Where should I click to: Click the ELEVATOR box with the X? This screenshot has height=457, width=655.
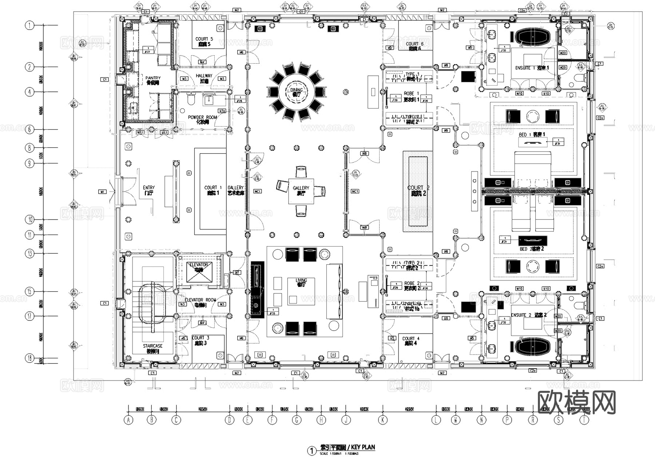pyautogui.click(x=199, y=272)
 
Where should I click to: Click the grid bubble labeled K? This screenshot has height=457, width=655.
pyautogui.click(x=382, y=420)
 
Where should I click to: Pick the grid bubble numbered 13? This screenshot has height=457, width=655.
pyautogui.click(x=29, y=253)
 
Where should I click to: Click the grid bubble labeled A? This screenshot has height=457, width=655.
pyautogui.click(x=128, y=420)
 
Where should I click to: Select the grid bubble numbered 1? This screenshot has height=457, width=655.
pyautogui.click(x=29, y=25)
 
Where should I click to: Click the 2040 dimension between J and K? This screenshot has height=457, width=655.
pyautogui.click(x=364, y=409)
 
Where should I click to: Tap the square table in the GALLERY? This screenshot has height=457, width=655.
pyautogui.click(x=301, y=190)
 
